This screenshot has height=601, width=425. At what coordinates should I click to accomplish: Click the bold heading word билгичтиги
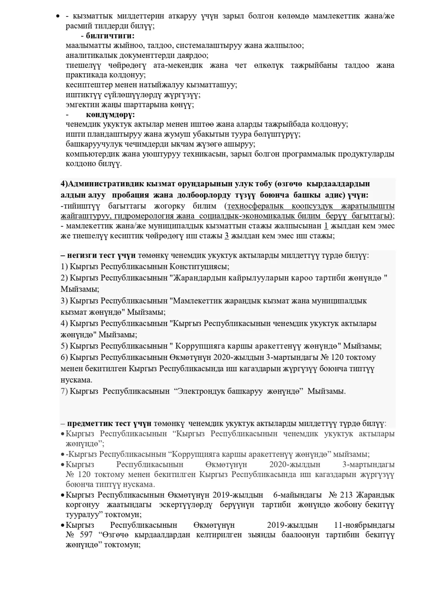[x=110, y=36]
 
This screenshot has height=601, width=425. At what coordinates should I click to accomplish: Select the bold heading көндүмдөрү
[x=110, y=115]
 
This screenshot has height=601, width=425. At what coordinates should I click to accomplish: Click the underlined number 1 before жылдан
[x=326, y=226]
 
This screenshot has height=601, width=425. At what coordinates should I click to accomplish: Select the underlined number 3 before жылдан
[x=227, y=236]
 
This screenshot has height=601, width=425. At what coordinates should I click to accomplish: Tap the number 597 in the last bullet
[x=86, y=535]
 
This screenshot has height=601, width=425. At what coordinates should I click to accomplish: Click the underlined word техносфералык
[x=256, y=206]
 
